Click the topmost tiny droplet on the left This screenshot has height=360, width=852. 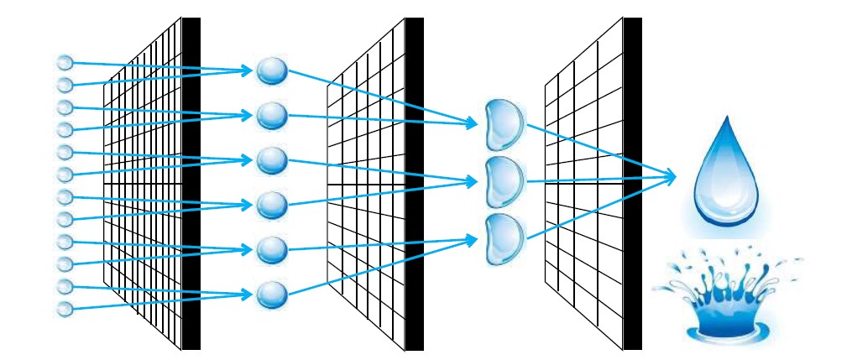[x=64, y=61]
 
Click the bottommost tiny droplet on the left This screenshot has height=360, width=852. [x=64, y=309]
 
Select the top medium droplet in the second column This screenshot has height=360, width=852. [x=271, y=70]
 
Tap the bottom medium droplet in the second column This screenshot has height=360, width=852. [x=271, y=295]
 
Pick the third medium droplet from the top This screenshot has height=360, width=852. [x=271, y=160]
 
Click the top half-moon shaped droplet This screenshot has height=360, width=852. [x=504, y=123]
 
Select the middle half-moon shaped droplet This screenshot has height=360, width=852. [x=504, y=177]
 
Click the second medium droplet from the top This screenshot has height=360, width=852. [x=271, y=116]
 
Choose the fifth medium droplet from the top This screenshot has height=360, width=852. [x=271, y=249]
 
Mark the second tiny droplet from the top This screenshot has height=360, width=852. [x=64, y=83]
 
